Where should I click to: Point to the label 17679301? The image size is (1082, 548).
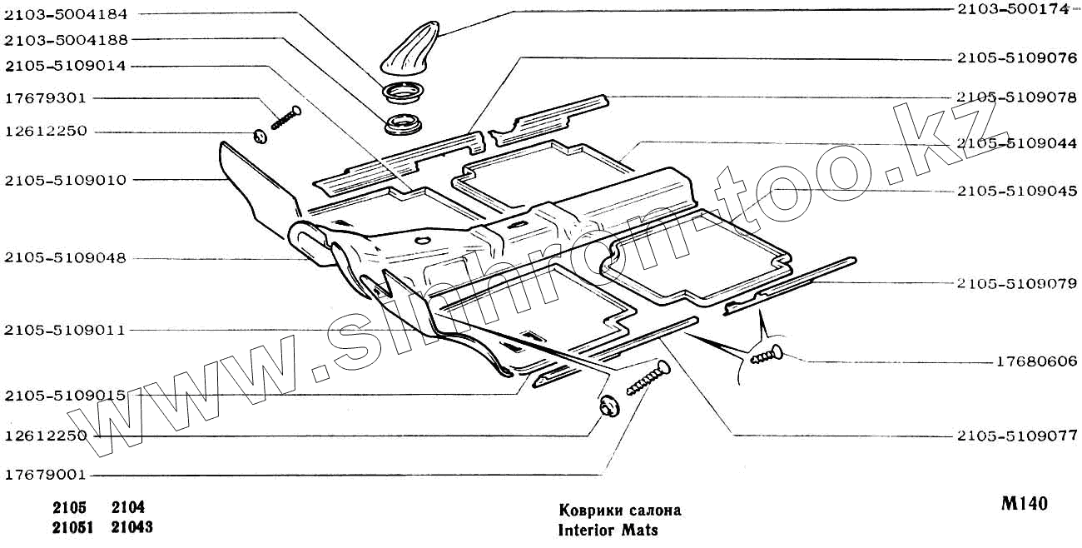click(45, 97)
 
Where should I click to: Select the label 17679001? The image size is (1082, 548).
click(45, 476)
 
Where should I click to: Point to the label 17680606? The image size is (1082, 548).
click(1036, 361)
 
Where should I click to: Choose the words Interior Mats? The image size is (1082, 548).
click(607, 529)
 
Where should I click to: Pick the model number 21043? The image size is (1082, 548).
click(132, 527)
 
